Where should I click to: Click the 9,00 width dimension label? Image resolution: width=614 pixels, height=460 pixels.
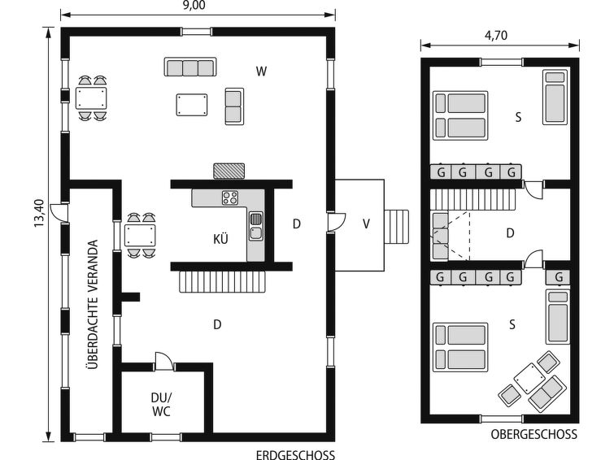[x=194, y=5]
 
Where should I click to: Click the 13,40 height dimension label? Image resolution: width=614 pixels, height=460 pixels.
[x=40, y=213]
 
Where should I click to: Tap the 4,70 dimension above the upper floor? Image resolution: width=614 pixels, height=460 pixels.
[x=496, y=36]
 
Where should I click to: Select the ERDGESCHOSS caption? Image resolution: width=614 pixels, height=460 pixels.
[x=296, y=455]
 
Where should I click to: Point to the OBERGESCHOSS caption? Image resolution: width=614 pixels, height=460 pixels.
[x=534, y=434]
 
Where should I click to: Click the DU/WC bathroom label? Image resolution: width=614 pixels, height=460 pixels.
[x=161, y=405]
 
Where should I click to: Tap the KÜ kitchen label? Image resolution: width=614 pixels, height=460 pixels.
[x=221, y=239]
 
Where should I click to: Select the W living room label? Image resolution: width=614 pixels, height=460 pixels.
[x=262, y=72]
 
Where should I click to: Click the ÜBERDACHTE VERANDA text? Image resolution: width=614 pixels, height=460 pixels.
[x=93, y=304]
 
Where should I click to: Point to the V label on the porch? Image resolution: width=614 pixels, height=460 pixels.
[x=366, y=224]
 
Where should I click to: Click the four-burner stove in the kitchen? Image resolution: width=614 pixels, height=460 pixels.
[x=230, y=197]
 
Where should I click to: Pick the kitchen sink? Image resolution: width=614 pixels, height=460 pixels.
[x=255, y=226]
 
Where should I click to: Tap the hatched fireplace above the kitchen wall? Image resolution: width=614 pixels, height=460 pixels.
[x=229, y=171]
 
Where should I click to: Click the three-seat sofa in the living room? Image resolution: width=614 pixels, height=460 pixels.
[x=190, y=67]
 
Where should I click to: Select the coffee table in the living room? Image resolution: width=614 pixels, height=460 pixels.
[x=192, y=105]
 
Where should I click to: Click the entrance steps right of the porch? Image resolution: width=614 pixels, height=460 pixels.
[x=396, y=227]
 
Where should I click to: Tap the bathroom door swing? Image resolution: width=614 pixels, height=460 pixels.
[x=164, y=361]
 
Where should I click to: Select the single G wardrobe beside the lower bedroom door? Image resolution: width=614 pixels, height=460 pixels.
[x=558, y=278]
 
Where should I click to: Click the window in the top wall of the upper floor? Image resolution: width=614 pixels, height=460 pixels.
[x=502, y=63]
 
